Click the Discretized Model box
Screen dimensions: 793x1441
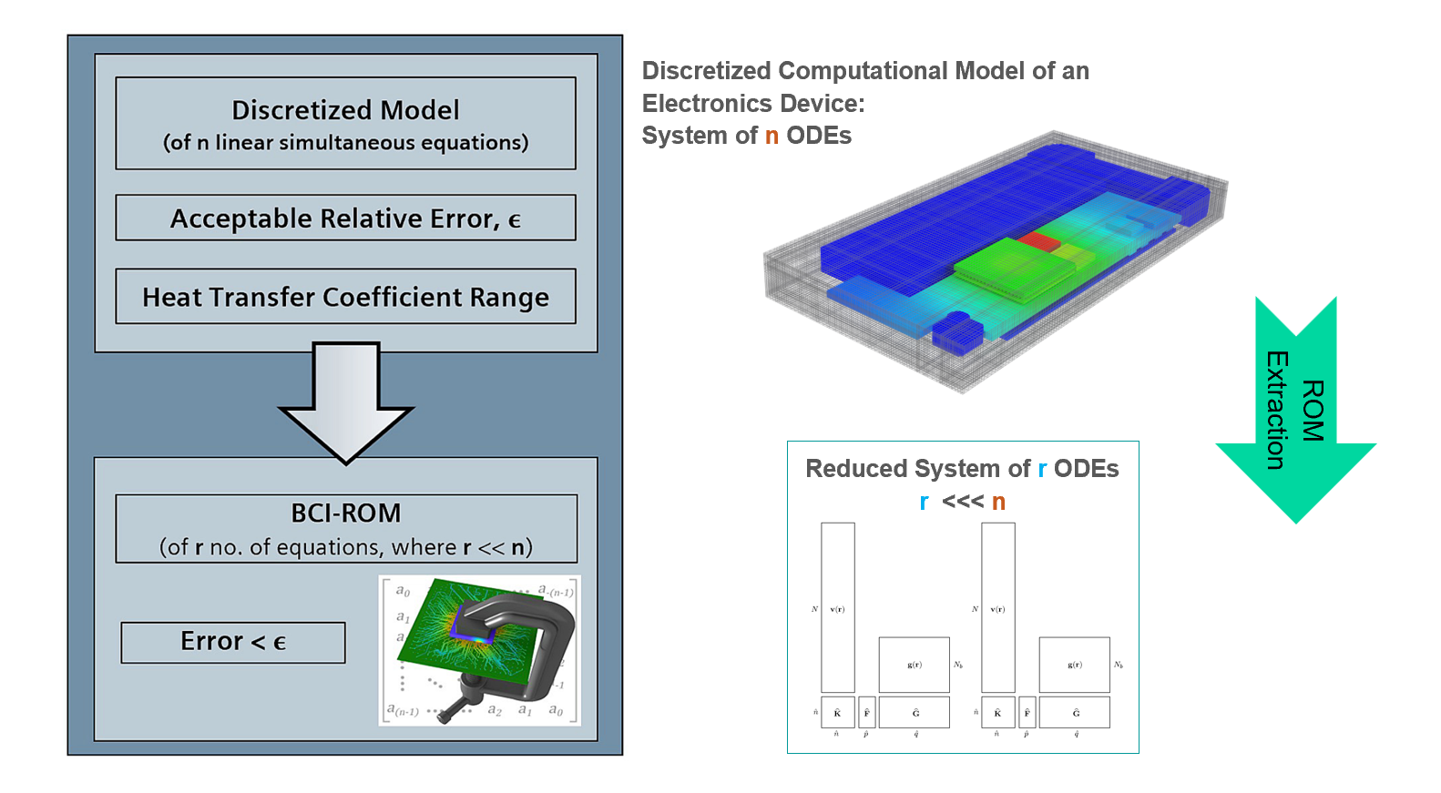[345, 123]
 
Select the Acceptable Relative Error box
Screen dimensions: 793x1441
[345, 218]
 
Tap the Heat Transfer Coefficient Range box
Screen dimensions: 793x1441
[345, 296]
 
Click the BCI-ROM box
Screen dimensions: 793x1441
[345, 528]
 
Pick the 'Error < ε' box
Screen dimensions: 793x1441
[232, 642]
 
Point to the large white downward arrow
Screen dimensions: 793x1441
[345, 401]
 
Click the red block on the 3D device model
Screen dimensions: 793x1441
[1038, 241]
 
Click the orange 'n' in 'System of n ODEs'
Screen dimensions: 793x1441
[772, 136]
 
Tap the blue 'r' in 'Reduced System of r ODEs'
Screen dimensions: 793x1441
[1042, 469]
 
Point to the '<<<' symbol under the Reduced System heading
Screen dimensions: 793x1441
[963, 502]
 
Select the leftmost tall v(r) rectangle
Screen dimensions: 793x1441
[837, 607]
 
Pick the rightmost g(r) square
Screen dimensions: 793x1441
[1074, 665]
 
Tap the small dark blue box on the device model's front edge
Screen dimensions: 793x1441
[956, 334]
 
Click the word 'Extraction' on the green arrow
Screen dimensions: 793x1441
[1276, 410]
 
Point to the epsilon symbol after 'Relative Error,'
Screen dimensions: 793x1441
[515, 220]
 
